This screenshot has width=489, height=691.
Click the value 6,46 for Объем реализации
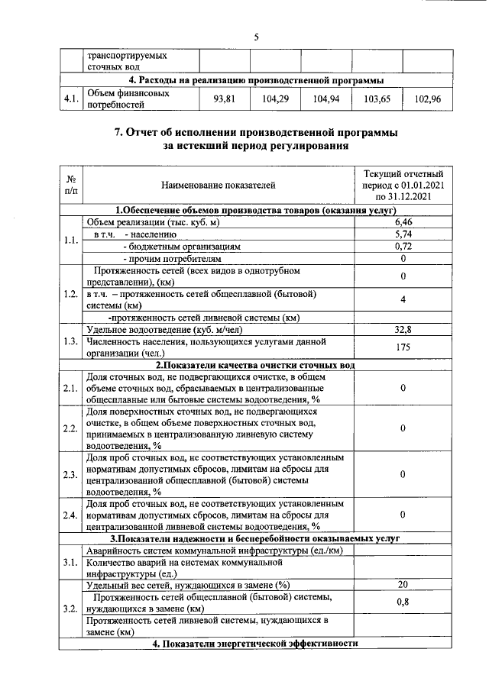[x=403, y=222]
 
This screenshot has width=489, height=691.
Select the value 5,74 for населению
[x=403, y=234]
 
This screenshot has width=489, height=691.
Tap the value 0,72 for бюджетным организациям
[x=403, y=247]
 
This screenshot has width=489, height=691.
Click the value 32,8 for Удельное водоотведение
[x=403, y=330]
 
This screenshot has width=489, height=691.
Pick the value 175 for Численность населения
[x=403, y=347]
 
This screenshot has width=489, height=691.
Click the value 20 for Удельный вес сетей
[x=403, y=585]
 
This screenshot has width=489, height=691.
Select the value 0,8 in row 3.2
[x=403, y=602]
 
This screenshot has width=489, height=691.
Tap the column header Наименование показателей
[x=219, y=185]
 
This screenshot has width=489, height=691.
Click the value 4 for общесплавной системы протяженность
[x=403, y=299]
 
